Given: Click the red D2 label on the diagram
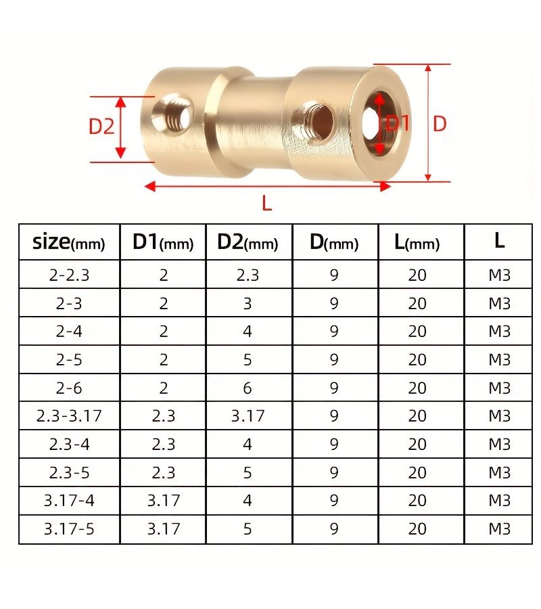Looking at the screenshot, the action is (x=101, y=127).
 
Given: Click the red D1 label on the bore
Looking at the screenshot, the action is (x=398, y=124).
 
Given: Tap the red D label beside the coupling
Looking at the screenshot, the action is (x=440, y=124).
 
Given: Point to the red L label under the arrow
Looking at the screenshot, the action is (x=266, y=203).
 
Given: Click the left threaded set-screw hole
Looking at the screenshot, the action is (x=172, y=114).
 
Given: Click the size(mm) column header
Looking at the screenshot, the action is (x=69, y=242).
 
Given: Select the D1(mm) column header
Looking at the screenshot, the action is (x=163, y=242).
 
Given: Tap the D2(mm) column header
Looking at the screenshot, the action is (x=248, y=242).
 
